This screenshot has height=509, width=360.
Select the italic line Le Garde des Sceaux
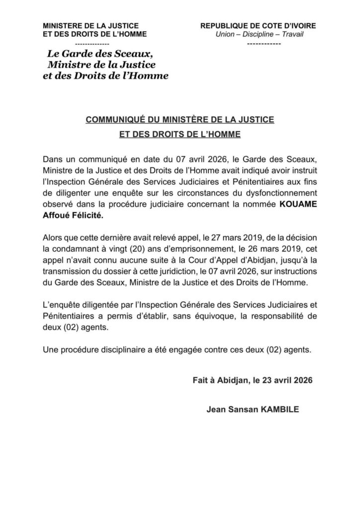tap(95, 54)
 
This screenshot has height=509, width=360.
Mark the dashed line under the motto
tap(264, 44)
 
